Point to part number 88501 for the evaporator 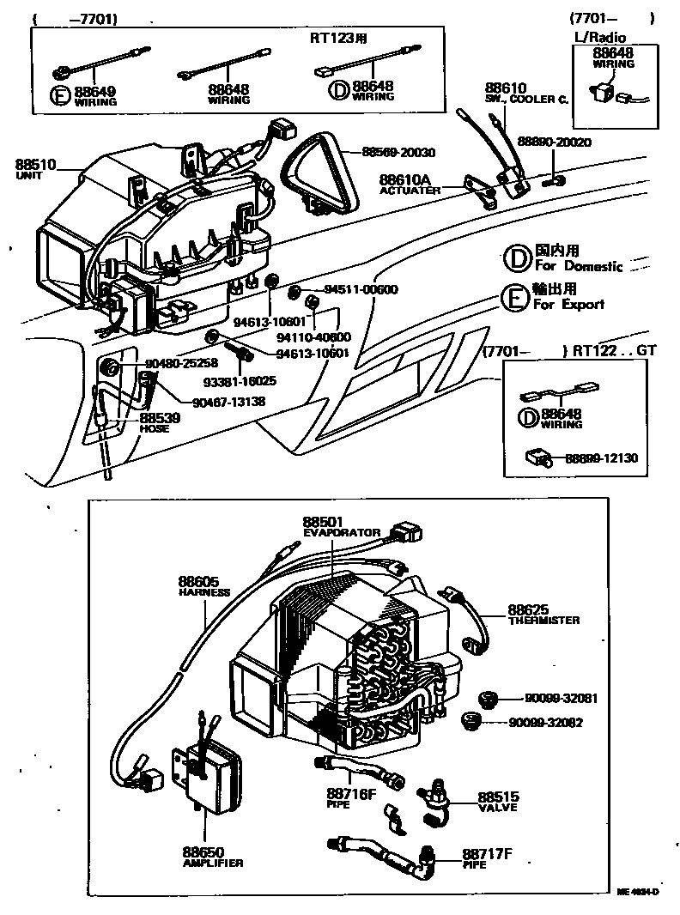(x=322, y=521)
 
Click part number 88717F (x=487, y=854)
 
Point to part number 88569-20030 (x=398, y=152)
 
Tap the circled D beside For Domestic (x=516, y=257)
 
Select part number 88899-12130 (x=601, y=458)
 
